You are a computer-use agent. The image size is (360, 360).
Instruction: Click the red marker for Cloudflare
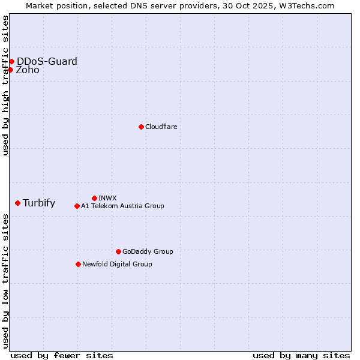[x=141, y=127]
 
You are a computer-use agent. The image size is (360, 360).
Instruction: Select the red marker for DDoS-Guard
[x=11, y=61]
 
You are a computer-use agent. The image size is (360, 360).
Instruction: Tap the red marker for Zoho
[x=10, y=70]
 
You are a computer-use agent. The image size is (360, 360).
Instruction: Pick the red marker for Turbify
[x=17, y=203]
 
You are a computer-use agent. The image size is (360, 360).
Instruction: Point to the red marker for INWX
[x=94, y=198]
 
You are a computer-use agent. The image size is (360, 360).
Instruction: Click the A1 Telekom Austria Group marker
[x=77, y=206]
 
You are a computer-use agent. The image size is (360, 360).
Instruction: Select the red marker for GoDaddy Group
[x=118, y=251]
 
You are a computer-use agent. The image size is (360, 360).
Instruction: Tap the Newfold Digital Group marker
[x=78, y=264]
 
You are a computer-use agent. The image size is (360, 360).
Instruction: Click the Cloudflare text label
[x=161, y=127]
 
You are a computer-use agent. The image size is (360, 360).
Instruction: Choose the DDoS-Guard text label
[x=47, y=61]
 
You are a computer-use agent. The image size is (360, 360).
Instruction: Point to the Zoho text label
[x=28, y=70]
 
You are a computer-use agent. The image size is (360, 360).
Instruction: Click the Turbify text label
[x=39, y=203]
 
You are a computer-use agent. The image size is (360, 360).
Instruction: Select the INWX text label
[x=107, y=198]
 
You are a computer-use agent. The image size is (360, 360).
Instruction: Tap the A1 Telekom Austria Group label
[x=122, y=206]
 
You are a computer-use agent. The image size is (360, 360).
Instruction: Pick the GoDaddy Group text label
[x=148, y=251]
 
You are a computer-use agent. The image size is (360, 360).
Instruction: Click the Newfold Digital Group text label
[x=117, y=264]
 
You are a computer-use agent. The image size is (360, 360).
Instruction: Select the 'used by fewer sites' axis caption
[x=62, y=355]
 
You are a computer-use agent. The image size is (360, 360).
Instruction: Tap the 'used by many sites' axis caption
[x=301, y=355]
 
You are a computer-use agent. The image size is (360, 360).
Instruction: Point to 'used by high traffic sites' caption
[x=5, y=85]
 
